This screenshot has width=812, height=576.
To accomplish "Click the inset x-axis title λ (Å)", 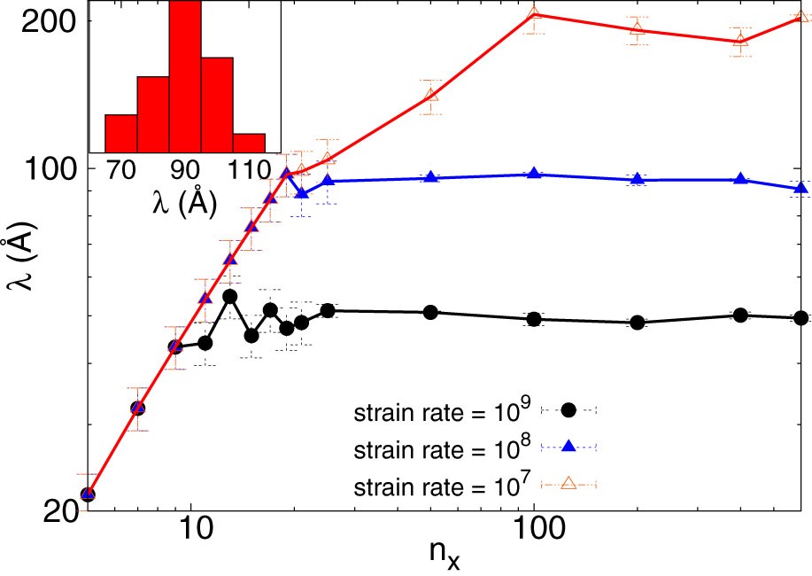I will [x=185, y=202].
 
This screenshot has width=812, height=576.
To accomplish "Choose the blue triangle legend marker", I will [x=568, y=447].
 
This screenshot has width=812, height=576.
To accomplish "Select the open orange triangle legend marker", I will [x=568, y=483].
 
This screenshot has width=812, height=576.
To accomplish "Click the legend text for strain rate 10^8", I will [x=438, y=448].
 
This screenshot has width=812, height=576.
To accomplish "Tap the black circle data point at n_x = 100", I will [x=534, y=319].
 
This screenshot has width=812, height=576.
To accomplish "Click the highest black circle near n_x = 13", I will [x=229, y=296].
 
